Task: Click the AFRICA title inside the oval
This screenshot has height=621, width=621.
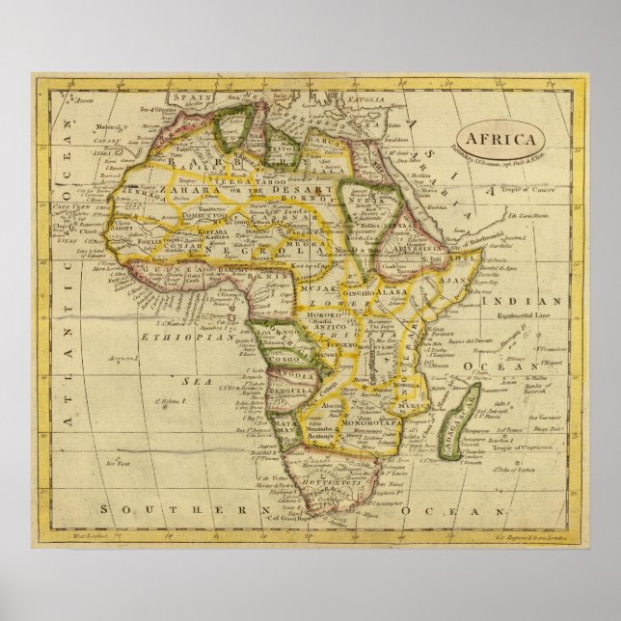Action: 499,138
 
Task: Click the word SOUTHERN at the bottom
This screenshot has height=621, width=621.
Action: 164,507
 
